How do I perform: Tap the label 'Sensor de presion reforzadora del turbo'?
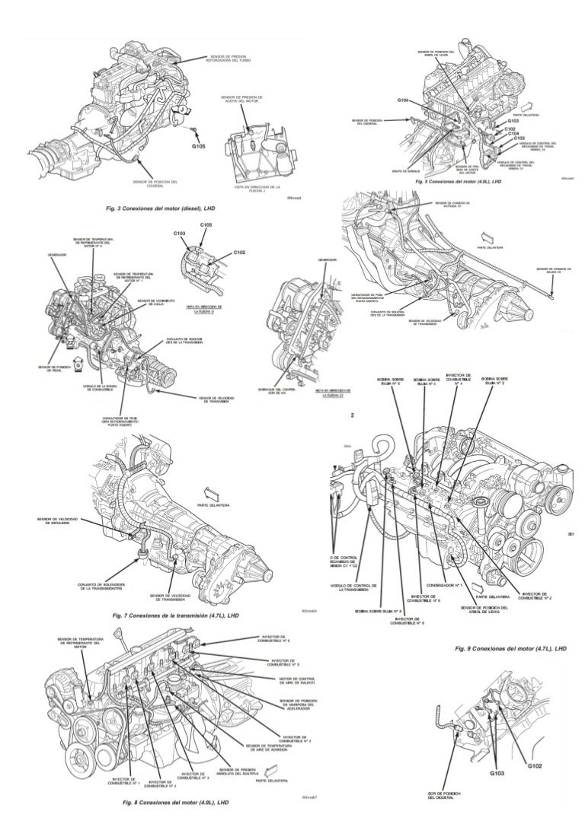(232, 59)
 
